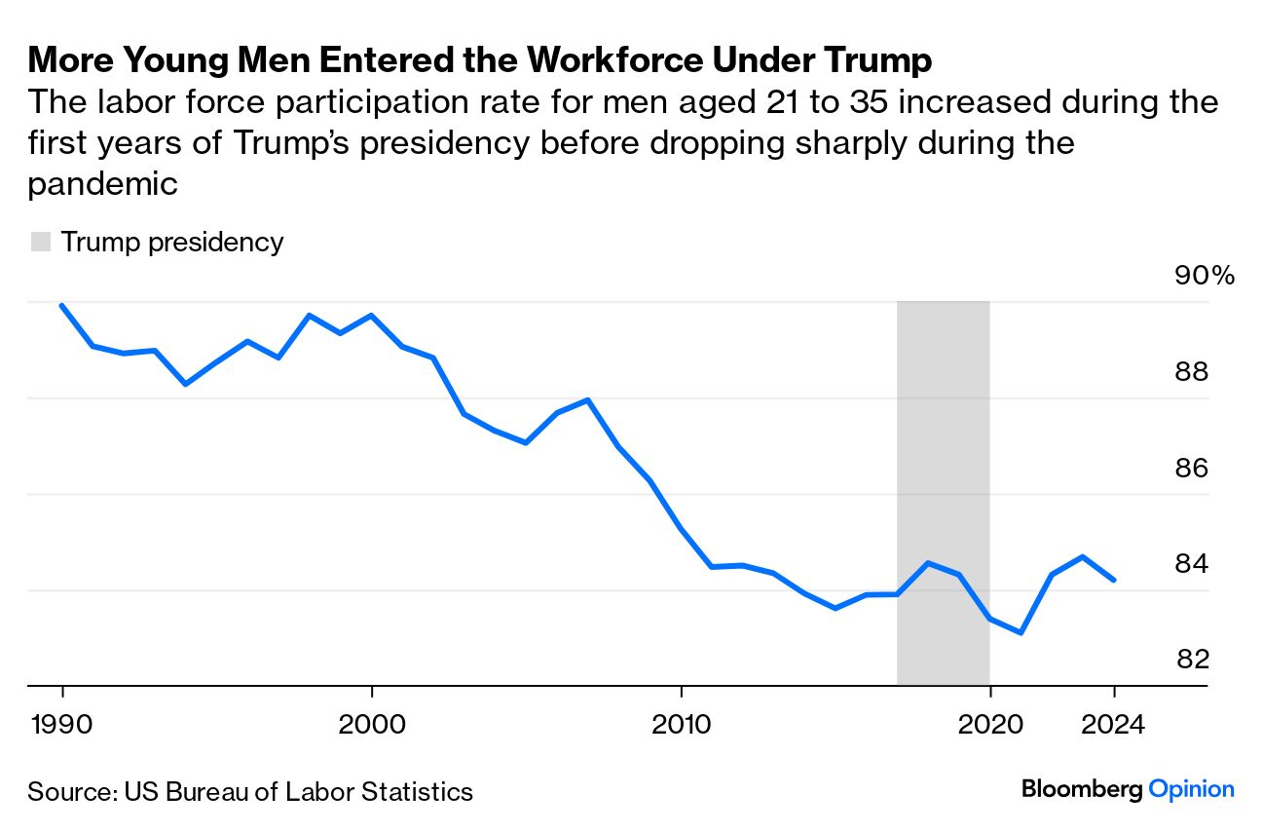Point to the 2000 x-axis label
tap(372, 725)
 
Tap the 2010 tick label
tap(681, 725)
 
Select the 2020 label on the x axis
tap(989, 725)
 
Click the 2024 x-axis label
tap(1114, 725)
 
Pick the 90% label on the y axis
tap(1204, 276)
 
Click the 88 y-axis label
tap(1193, 372)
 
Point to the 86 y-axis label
tap(1193, 469)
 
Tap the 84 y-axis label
tap(1193, 564)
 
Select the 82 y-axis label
tap(1193, 660)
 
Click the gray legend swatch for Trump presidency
tap(40, 243)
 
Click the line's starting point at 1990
tap(63, 305)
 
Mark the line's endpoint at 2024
tap(1114, 580)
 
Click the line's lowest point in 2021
tap(1021, 633)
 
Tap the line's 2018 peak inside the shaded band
tap(928, 563)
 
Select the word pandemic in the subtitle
tap(103, 183)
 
